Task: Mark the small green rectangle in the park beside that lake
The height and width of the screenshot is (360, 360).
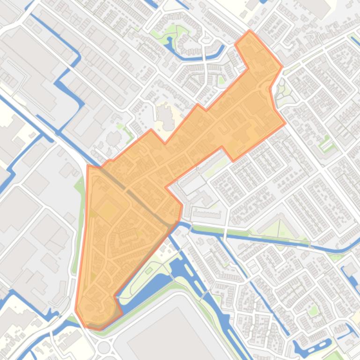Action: click(x=149, y=270)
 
